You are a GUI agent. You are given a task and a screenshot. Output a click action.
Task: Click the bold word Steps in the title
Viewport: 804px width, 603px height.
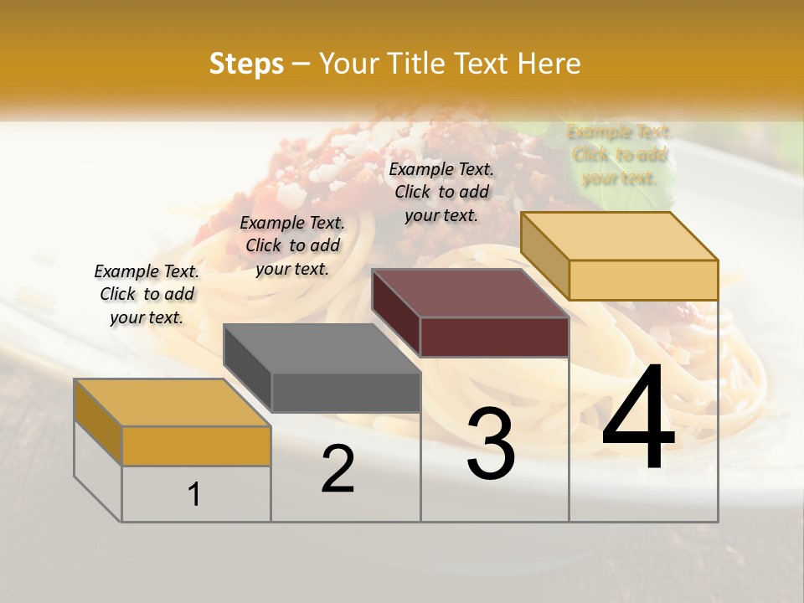tap(246, 64)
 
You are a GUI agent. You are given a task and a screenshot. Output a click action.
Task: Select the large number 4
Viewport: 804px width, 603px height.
tap(638, 418)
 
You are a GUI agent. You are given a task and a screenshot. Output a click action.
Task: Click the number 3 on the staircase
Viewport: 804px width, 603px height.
tap(491, 443)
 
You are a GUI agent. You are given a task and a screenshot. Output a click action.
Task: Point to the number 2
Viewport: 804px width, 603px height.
tap(338, 469)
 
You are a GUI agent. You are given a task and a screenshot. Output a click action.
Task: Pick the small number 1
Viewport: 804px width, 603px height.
tap(194, 494)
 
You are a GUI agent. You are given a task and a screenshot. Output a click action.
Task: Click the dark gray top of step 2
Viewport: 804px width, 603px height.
tap(322, 348)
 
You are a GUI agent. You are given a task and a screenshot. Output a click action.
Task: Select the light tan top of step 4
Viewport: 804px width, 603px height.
tap(620, 235)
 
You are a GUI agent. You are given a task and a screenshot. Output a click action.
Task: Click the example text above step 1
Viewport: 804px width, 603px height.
tap(147, 294)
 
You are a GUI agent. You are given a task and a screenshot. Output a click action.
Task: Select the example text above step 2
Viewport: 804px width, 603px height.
tap(292, 245)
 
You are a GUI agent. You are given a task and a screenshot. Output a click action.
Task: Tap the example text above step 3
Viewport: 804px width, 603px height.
tap(441, 192)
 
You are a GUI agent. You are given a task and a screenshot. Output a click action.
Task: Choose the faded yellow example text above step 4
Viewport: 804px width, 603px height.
tap(619, 155)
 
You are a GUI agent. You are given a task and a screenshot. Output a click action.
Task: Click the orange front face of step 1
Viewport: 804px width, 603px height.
tap(196, 446)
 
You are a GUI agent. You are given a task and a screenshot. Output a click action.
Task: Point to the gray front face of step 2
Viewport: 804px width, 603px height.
tap(345, 392)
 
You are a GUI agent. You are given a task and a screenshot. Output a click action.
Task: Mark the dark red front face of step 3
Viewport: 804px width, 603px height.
tap(494, 337)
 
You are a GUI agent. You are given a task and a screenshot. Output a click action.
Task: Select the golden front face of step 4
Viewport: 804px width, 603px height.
tap(643, 280)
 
